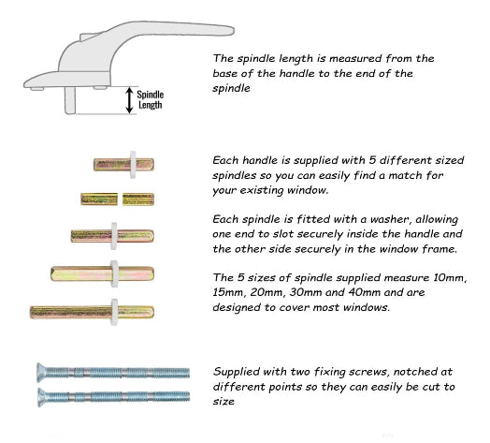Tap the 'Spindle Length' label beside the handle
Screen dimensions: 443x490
[x=150, y=100]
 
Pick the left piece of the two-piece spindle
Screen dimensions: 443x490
[x=98, y=199]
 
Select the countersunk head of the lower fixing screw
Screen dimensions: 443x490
[x=41, y=392]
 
